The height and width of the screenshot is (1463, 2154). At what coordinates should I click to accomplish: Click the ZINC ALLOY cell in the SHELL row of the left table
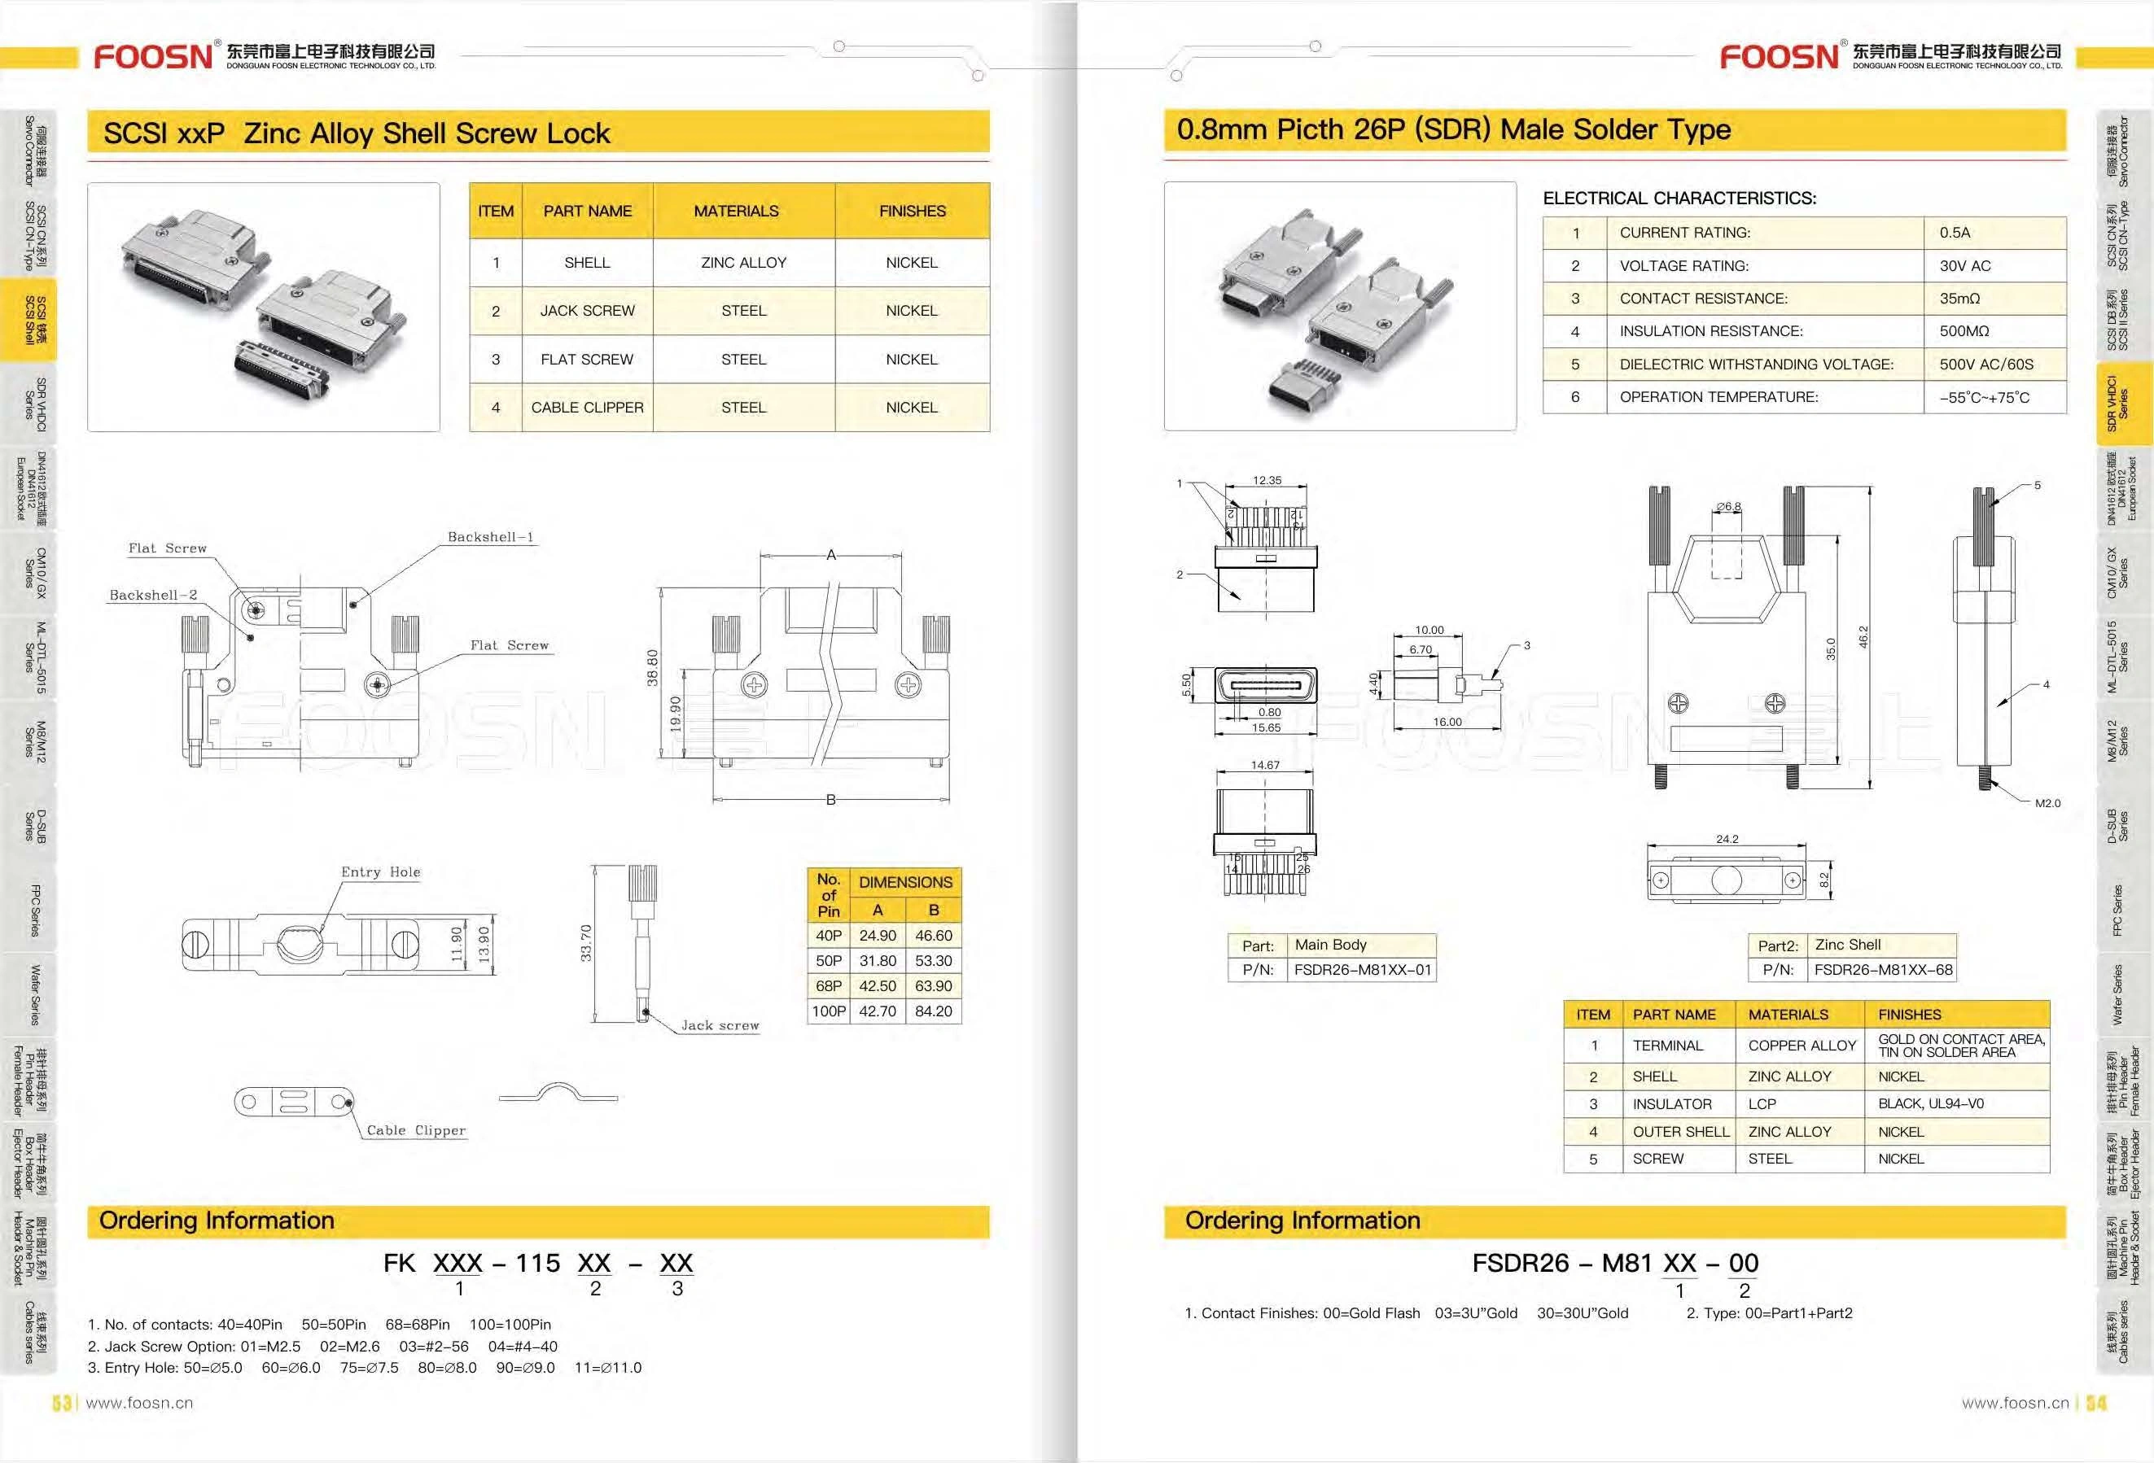(743, 263)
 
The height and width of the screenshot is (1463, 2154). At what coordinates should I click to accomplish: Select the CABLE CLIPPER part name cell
(587, 408)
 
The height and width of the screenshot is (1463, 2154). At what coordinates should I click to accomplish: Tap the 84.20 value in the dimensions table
(934, 1011)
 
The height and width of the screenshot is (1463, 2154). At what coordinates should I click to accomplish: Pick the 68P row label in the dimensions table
(829, 986)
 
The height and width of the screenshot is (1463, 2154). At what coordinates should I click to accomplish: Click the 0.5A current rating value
(1955, 233)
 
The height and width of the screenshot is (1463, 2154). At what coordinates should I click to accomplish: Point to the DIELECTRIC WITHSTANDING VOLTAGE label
(1757, 365)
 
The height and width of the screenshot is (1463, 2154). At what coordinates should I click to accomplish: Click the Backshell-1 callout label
(490, 537)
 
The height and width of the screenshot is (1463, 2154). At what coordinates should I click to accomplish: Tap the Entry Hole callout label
(380, 872)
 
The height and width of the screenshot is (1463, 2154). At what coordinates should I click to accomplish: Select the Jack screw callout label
(720, 1026)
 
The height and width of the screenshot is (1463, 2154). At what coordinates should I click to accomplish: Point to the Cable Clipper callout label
(416, 1130)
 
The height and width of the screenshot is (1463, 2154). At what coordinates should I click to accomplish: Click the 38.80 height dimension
(653, 667)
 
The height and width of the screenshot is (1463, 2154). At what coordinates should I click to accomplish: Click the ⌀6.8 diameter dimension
(1727, 507)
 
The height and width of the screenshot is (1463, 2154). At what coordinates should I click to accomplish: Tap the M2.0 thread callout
(2047, 803)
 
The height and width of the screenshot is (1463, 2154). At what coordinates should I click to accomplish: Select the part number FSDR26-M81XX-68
(1884, 970)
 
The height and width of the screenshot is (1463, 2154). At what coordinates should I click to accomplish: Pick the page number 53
(62, 1403)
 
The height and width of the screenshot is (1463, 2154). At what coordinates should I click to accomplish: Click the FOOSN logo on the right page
(1779, 56)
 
